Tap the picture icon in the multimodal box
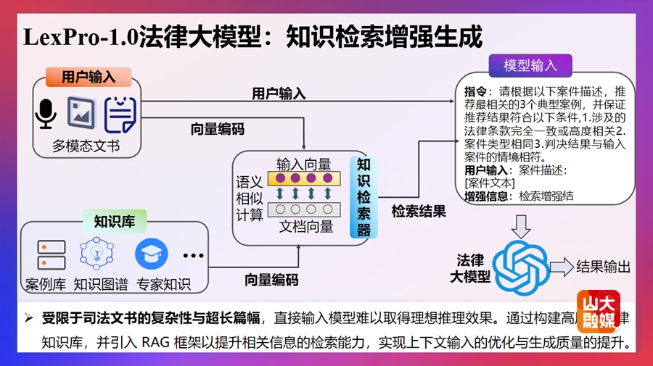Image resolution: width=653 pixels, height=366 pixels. point(82,113)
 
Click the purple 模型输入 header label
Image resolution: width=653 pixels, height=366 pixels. point(530,66)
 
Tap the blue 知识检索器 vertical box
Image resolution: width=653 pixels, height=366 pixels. point(364,197)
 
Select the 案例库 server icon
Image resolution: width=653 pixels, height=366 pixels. point(52,254)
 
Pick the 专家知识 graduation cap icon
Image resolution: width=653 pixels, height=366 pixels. point(151,254)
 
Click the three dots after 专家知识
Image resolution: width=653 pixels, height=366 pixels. point(194,255)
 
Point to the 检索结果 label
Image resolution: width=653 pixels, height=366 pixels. point(419,212)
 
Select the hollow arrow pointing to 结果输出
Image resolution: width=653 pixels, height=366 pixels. point(561,267)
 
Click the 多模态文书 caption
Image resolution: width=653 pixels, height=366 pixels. point(86,146)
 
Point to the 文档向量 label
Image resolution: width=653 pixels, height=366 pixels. point(306,227)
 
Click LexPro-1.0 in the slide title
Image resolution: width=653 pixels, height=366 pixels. point(80,36)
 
